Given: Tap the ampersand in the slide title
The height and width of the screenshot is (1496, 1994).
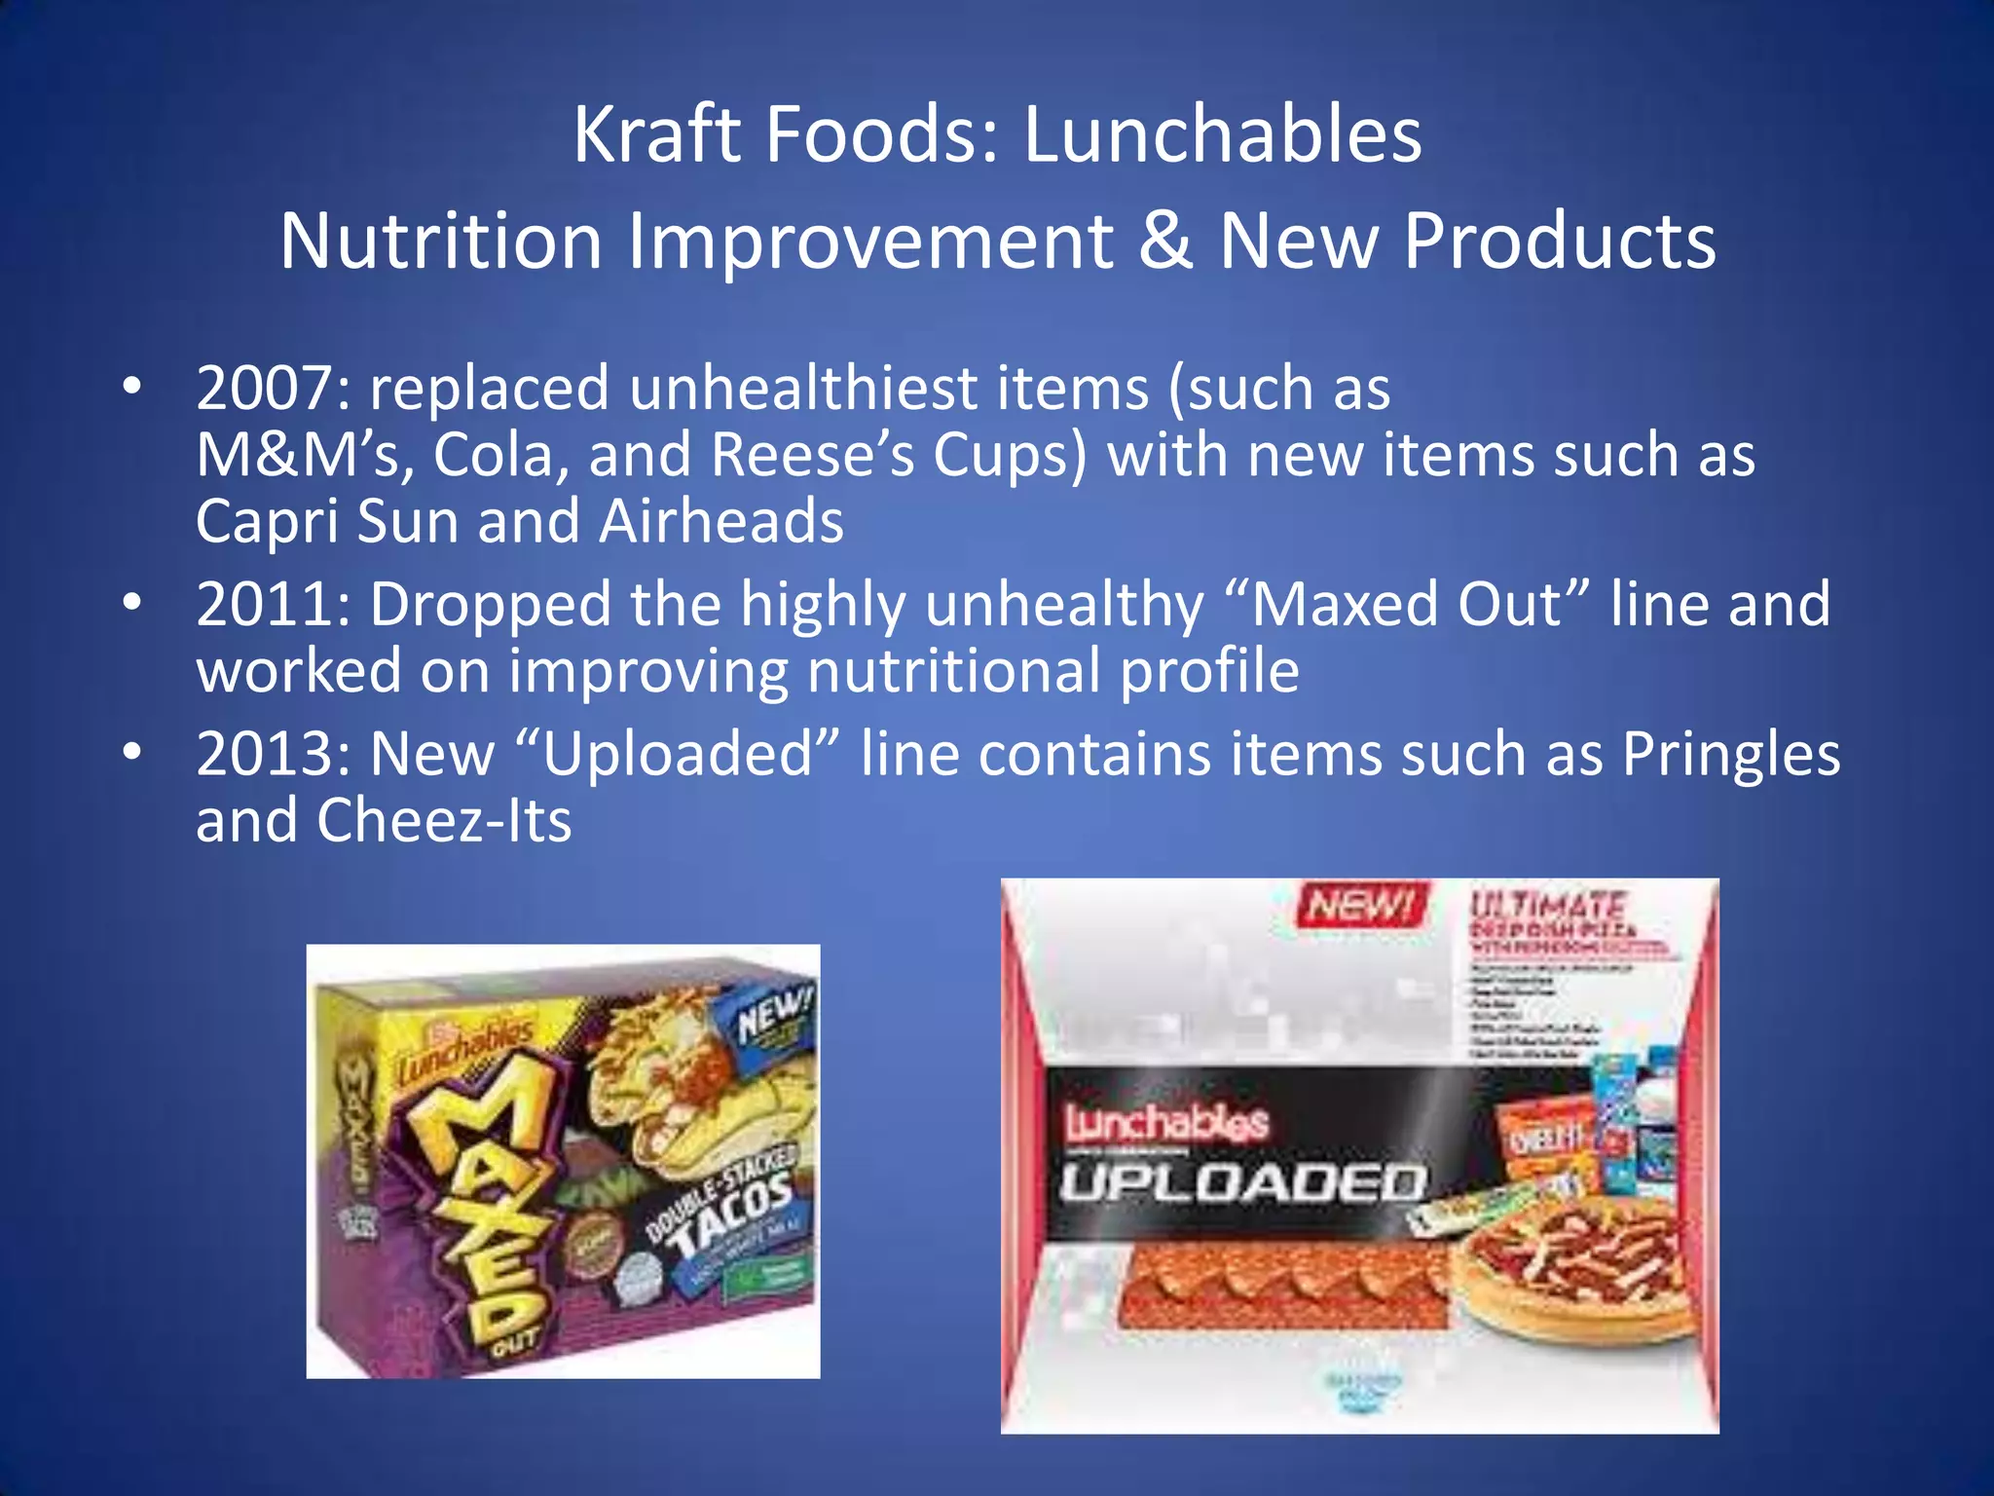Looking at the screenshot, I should (x=1165, y=241).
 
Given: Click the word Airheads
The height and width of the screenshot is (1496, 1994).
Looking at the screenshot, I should (x=721, y=521).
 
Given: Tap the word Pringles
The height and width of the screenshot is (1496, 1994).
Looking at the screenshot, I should (x=1731, y=755).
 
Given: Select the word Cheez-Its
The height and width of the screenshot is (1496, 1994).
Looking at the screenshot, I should (x=444, y=821).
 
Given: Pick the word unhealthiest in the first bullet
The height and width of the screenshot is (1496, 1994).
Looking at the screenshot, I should (x=803, y=389).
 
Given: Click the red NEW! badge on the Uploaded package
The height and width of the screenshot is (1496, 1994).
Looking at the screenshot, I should (x=1361, y=906).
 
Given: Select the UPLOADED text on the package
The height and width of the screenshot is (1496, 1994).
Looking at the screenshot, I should (x=1242, y=1183).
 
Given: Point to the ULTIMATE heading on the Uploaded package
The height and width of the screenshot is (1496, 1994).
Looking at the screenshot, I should (x=1548, y=905).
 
